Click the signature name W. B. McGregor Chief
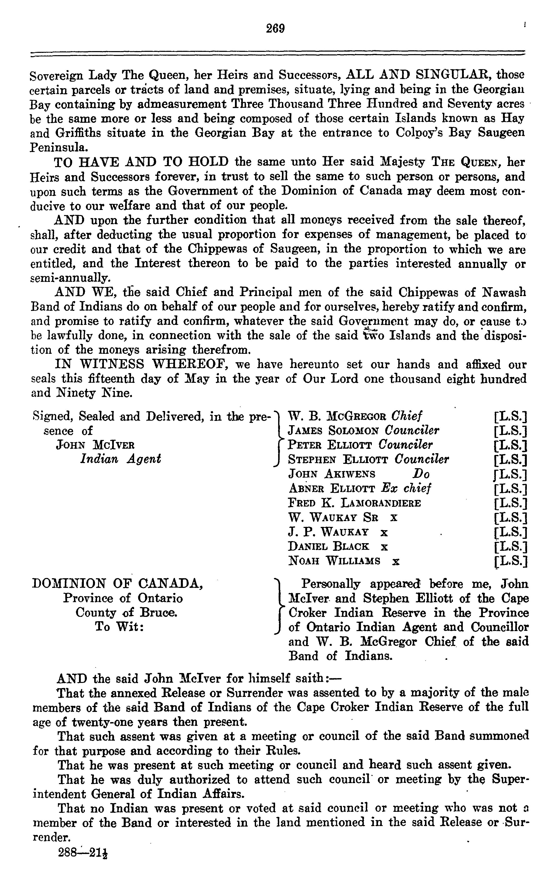355,416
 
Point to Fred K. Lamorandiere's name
354,503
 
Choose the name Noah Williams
334,561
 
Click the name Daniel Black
328,546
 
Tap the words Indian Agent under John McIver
120,459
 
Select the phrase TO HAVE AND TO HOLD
141,162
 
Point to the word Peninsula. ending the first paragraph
59,148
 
